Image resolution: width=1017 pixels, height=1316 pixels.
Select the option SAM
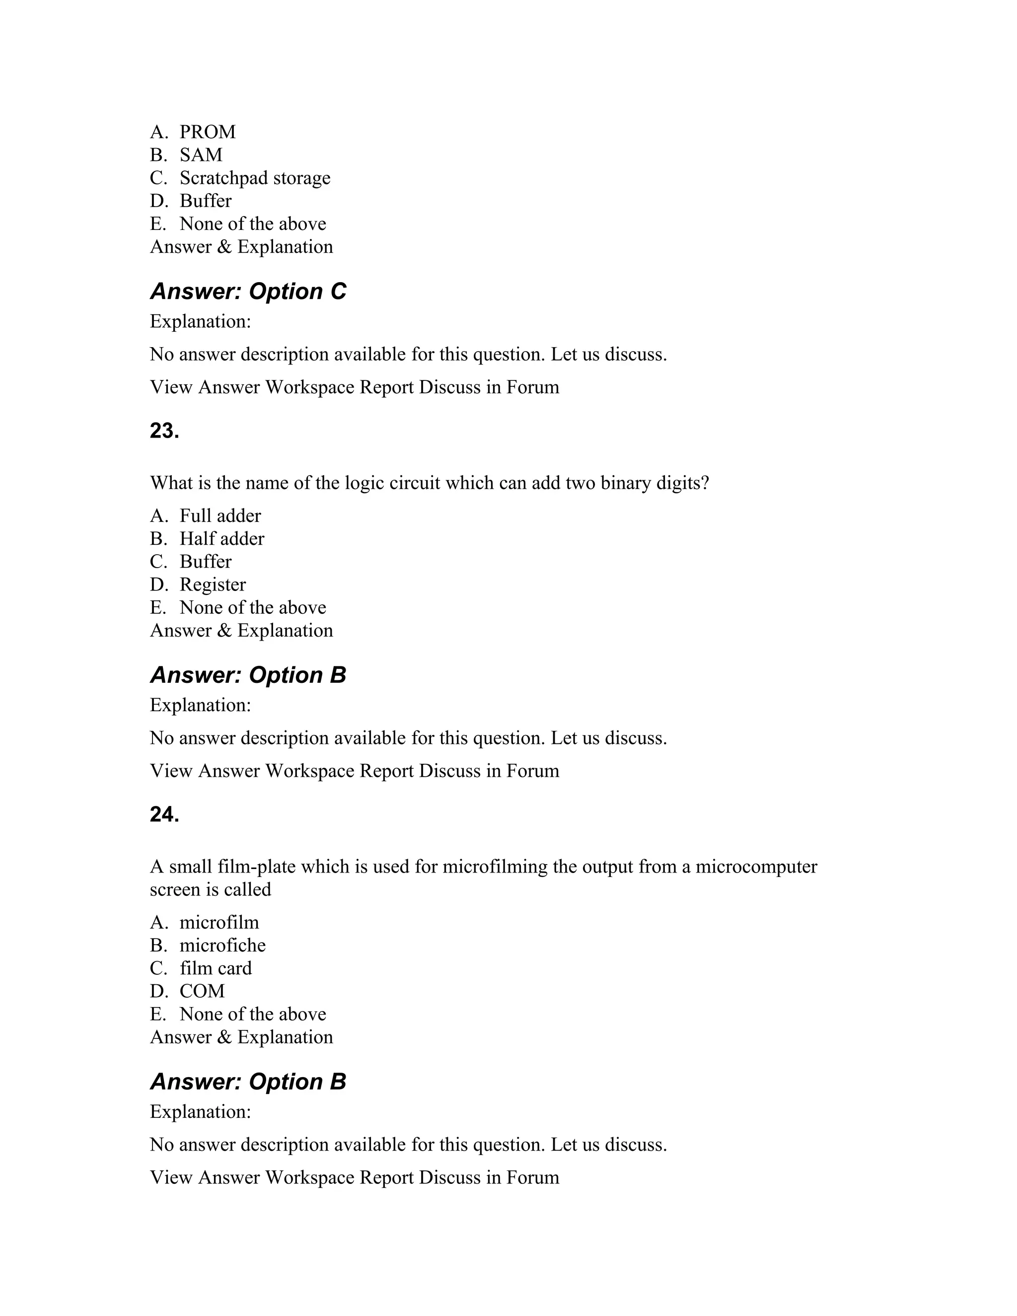[201, 155]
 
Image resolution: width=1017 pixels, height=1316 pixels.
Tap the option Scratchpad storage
[254, 178]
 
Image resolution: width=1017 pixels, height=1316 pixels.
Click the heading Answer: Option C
[248, 292]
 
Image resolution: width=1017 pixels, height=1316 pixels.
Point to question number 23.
[164, 431]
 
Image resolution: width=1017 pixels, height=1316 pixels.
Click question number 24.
[164, 814]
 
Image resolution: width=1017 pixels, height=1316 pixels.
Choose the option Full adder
[220, 516]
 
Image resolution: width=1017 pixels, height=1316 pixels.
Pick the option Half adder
[221, 539]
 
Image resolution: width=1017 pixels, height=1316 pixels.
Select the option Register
[212, 585]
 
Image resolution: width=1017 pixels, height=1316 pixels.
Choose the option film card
[215, 968]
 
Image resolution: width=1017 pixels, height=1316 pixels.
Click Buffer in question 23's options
[205, 562]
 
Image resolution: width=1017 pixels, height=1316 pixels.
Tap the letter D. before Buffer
[158, 201]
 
